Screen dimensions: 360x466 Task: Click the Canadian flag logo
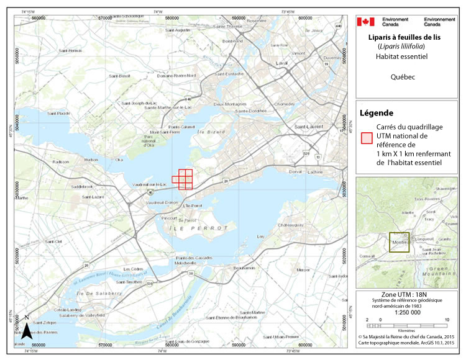click(x=365, y=22)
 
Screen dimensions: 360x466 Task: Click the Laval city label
click(x=283, y=64)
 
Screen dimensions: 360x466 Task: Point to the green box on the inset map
click(x=400, y=241)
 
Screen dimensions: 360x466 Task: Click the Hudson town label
click(x=91, y=160)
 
